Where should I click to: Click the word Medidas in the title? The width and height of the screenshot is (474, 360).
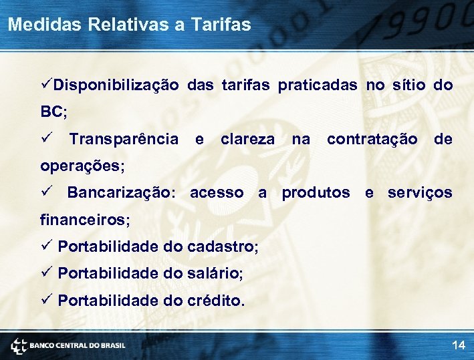click(x=38, y=25)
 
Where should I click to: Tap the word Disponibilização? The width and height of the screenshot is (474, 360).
click(x=116, y=85)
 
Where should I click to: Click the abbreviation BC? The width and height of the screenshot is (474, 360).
click(x=54, y=112)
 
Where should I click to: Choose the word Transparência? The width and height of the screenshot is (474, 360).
click(x=124, y=139)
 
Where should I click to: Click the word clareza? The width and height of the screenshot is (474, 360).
click(x=247, y=139)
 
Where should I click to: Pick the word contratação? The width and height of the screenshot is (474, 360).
click(x=372, y=139)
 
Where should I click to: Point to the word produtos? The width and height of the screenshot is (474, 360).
click(x=316, y=192)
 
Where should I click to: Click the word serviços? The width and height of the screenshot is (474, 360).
click(x=419, y=192)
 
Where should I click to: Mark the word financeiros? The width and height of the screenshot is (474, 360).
click(x=85, y=219)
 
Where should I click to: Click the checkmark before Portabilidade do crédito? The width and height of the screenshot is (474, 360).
click(x=46, y=299)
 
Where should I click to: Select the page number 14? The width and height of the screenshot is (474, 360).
click(x=459, y=345)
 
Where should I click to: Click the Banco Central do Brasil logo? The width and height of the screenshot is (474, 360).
click(x=68, y=345)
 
